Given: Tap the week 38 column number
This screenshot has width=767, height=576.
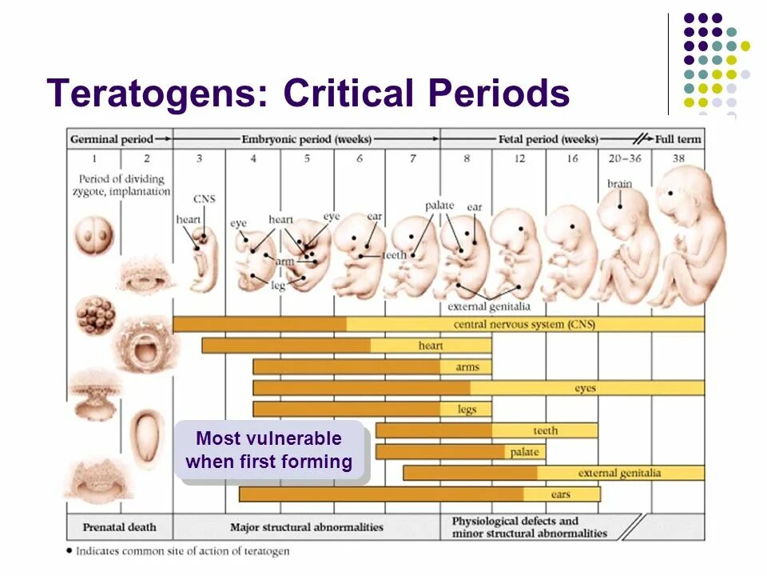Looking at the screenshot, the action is coord(678,159).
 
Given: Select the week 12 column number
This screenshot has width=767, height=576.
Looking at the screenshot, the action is coord(519,159).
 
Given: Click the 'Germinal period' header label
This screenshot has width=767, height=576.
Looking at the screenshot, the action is coord(111,139).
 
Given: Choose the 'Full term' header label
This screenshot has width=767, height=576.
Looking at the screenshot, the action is coord(678,139).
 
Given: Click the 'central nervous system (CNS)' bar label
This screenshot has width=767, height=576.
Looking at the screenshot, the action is coord(524,325).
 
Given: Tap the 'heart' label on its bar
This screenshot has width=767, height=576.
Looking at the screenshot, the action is coord(431,346).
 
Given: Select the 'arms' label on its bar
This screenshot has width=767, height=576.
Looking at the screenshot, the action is coord(467,367).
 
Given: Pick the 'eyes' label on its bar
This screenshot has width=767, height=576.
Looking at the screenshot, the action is coord(585,388).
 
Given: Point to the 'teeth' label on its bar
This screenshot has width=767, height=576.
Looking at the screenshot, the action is coord(546,430).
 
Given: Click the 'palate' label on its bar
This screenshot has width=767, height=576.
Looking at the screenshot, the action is coord(524,452).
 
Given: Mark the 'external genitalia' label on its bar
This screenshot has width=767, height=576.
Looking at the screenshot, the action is coord(619,473).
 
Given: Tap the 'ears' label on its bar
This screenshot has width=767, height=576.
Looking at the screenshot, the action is coord(561,494).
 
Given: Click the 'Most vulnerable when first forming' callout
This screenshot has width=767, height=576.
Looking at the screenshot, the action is coord(268,450).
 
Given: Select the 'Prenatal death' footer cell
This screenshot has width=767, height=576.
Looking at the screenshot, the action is coord(119,527).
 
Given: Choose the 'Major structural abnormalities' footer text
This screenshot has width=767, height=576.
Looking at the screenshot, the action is coord(307,527).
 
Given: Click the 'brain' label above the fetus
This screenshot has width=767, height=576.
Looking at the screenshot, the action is coord(619,184).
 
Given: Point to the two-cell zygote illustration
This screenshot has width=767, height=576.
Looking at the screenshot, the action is coord(94,238).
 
